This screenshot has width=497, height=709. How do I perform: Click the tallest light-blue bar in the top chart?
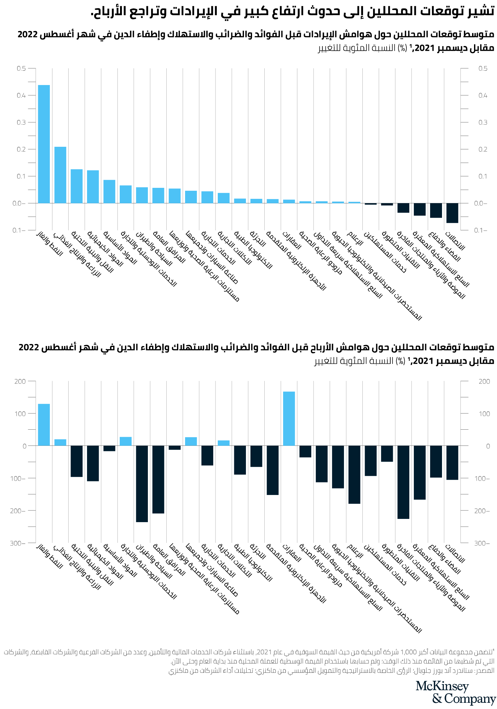point(44,144)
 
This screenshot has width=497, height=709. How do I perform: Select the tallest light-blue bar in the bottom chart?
point(289,418)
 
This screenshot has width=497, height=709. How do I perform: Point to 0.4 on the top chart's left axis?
point(21,95)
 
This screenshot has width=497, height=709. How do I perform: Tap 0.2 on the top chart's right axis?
point(483,149)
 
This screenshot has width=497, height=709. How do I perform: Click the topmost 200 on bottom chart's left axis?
point(20,381)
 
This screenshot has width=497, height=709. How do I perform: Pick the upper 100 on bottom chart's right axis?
point(484,414)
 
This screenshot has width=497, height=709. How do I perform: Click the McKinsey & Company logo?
point(456,692)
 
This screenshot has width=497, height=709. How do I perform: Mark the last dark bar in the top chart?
point(452,213)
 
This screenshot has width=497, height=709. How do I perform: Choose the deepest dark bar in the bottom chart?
point(142,484)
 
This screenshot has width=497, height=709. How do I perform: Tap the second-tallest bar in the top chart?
point(60,175)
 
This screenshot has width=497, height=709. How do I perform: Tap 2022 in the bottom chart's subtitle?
point(29,348)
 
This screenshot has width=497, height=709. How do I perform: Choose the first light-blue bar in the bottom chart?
point(44,424)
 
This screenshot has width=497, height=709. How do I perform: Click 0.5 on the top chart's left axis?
point(21,69)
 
